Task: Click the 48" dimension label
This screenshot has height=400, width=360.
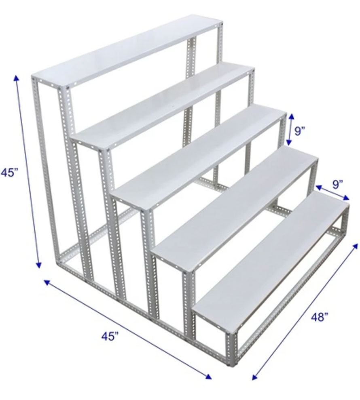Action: (x=320, y=317)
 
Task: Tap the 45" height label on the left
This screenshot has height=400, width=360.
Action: (x=9, y=173)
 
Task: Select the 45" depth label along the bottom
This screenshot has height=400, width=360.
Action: (x=110, y=336)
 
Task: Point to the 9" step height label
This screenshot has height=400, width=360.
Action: (x=300, y=131)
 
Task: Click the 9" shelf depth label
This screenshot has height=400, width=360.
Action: (x=337, y=184)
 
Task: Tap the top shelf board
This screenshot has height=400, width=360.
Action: (x=128, y=52)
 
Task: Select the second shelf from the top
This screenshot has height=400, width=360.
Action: (x=163, y=107)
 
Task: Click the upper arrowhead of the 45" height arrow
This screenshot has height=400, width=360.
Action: (x=17, y=78)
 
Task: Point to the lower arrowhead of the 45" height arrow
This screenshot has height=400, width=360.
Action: (x=38, y=265)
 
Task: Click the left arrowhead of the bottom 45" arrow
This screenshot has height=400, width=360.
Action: (x=47, y=282)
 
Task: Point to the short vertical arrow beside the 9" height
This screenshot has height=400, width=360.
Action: (x=290, y=130)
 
